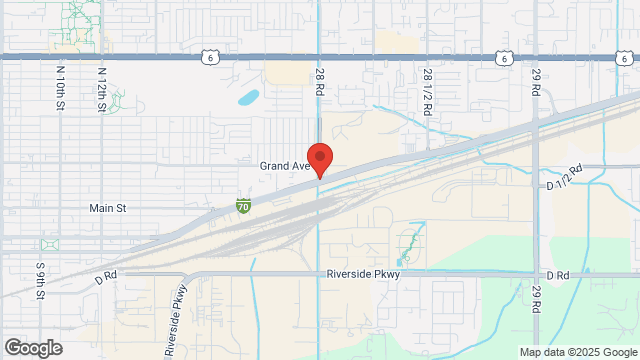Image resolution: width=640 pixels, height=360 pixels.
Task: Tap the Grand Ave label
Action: click(x=283, y=165)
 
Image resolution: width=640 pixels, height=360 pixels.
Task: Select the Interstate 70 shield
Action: click(x=244, y=205)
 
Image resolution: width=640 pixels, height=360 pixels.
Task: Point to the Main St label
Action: click(x=107, y=208)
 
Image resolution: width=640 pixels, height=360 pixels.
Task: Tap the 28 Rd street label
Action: click(x=320, y=82)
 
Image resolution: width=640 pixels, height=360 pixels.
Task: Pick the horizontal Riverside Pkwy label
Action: click(x=363, y=273)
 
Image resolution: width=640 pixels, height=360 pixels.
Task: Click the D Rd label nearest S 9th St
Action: click(x=106, y=273)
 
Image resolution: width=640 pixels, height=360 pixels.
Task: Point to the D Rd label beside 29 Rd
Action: click(x=557, y=273)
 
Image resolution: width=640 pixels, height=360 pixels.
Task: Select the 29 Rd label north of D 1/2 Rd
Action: click(x=536, y=83)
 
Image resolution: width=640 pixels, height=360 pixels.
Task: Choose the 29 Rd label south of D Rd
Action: click(x=536, y=299)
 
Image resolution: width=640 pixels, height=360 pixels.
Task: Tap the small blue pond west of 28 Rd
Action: click(x=248, y=98)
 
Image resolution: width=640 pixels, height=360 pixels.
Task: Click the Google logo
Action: click(x=32, y=348)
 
